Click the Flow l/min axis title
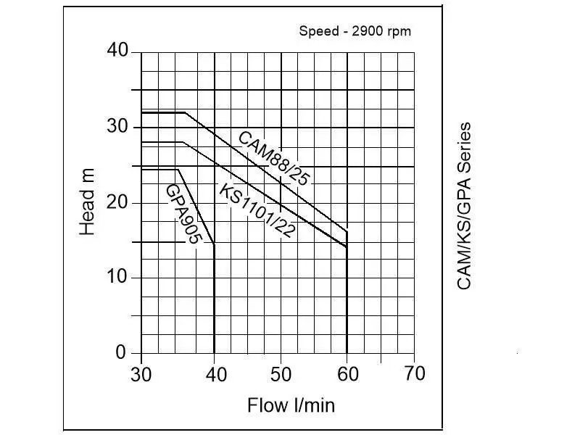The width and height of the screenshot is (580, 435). click(x=291, y=405)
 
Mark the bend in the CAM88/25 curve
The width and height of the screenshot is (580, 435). click(x=186, y=112)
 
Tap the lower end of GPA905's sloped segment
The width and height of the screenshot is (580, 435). click(x=214, y=244)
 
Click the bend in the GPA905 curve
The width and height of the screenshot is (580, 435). click(x=178, y=170)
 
